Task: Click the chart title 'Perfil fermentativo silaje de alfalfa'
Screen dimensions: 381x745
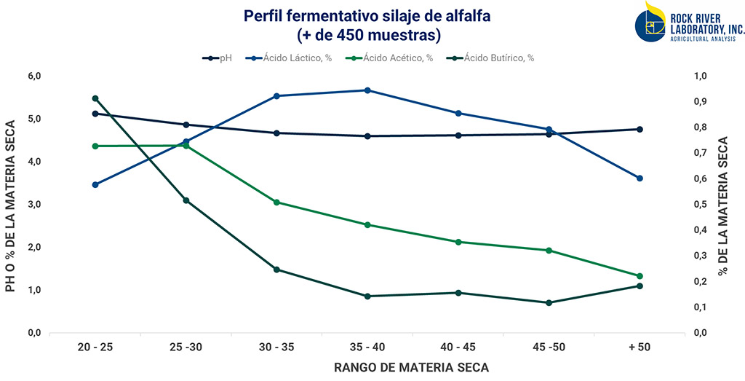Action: [x=372, y=15]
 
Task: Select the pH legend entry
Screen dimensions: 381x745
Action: [x=218, y=58]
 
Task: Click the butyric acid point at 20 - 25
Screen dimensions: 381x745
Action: [x=95, y=98]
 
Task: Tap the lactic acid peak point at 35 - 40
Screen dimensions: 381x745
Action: [x=367, y=90]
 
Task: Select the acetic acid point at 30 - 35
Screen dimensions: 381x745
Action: [x=276, y=203]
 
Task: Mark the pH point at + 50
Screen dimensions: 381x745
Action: [x=640, y=129]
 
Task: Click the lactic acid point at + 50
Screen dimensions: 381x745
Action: [x=640, y=178]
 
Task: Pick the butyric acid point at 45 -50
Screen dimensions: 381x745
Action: [x=549, y=302]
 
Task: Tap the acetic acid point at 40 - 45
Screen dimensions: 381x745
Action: [x=458, y=242]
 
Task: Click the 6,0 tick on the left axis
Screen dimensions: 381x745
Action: [x=33, y=76]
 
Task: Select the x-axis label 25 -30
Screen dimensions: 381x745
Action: [x=186, y=347]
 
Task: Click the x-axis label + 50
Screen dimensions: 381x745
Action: [x=640, y=347]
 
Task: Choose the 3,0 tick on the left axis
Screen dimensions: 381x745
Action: [x=33, y=205]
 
